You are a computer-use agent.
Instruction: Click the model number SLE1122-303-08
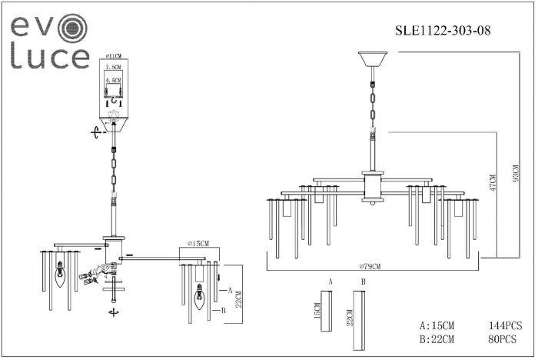coord(442,31)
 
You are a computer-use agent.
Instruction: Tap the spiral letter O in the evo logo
coord(74,29)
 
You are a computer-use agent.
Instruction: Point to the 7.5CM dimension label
coord(113,68)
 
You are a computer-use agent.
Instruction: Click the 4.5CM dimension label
coord(113,79)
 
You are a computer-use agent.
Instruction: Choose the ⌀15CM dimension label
coord(198,244)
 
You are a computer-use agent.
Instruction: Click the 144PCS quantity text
coord(505,325)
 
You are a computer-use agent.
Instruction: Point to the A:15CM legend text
coord(437,325)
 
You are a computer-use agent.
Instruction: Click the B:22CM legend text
coord(437,338)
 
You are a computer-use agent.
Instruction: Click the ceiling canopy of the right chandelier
coord(373,59)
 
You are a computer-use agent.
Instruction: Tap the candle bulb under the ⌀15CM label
coord(200,296)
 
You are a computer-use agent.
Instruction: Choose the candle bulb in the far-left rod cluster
coord(59,273)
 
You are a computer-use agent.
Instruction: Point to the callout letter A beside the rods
coord(230,290)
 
